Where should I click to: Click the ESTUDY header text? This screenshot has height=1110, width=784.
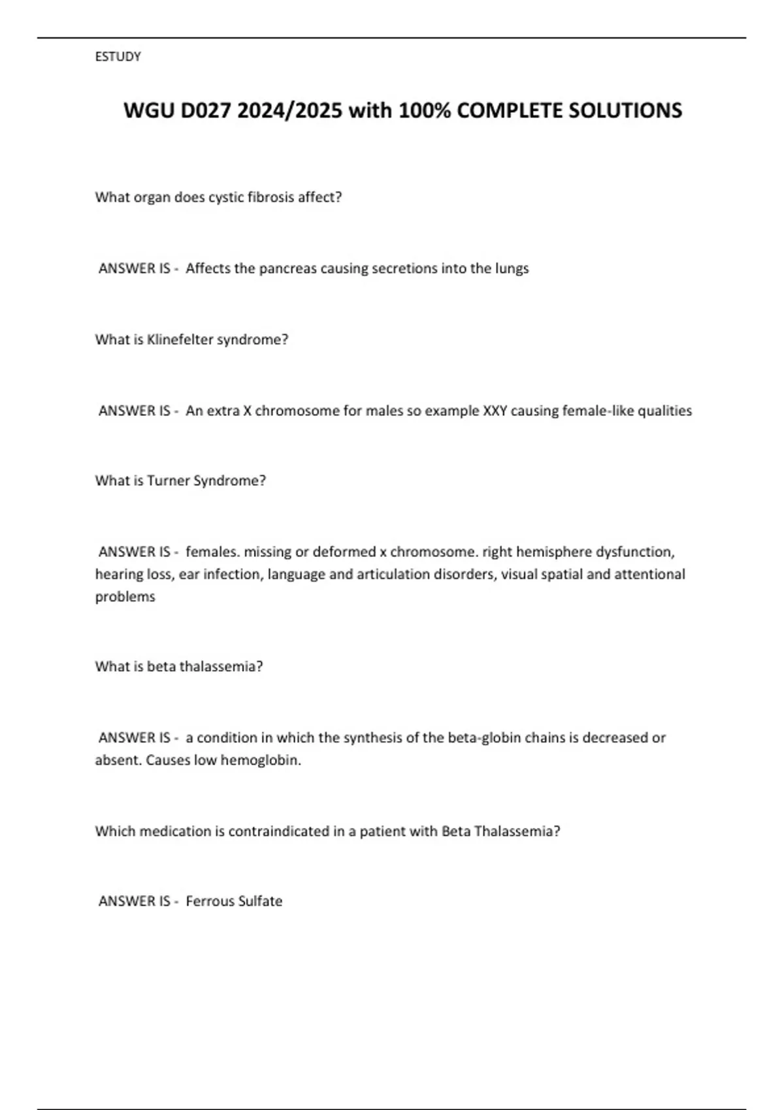(x=118, y=57)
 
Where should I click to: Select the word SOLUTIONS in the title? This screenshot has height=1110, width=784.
(x=625, y=110)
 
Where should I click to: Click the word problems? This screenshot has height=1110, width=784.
(x=125, y=597)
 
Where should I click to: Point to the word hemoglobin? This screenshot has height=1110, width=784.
(x=260, y=760)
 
